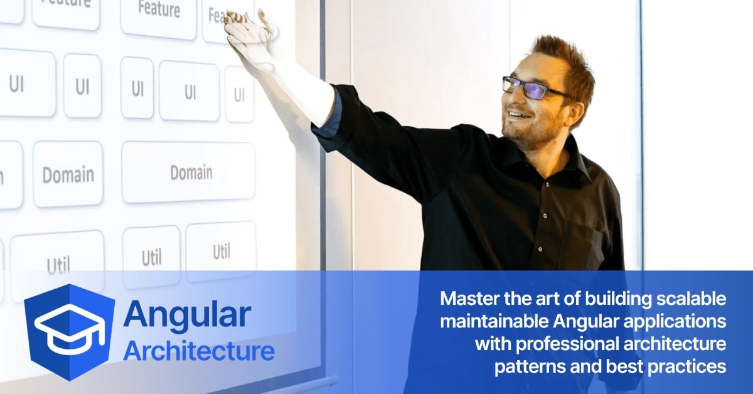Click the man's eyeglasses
pyautogui.click(x=531, y=87)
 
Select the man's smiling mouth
pyautogui.click(x=518, y=115)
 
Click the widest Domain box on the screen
pyautogui.click(x=188, y=173)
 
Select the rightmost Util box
pyautogui.click(x=221, y=252)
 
